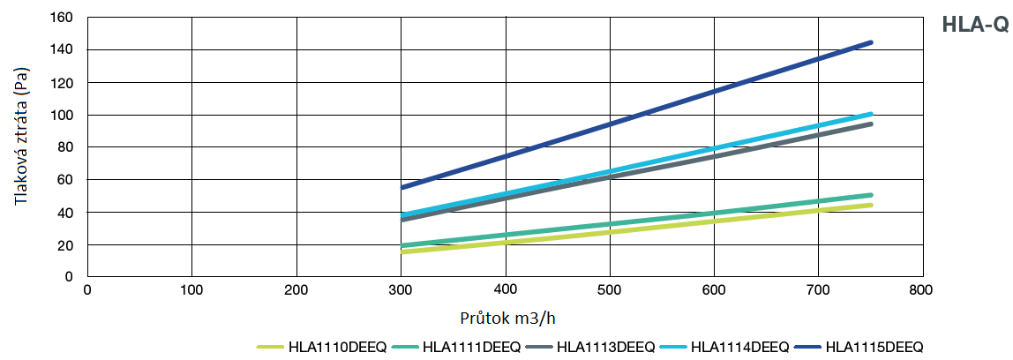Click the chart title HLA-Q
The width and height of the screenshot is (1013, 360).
(974, 26)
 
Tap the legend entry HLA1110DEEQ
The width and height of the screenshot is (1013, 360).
(337, 347)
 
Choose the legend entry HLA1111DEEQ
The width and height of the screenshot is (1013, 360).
(472, 347)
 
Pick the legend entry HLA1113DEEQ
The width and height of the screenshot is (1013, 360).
(606, 347)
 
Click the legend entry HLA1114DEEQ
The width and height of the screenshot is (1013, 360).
(740, 347)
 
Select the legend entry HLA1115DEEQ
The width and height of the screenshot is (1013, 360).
(874, 347)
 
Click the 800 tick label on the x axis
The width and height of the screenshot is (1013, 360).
(923, 289)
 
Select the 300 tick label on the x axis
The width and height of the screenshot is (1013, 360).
(401, 289)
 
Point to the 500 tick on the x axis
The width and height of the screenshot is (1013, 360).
(610, 289)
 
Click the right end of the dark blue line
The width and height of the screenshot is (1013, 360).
(871, 42)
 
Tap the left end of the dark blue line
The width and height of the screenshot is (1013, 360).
(402, 187)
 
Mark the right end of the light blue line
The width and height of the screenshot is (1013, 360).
(871, 114)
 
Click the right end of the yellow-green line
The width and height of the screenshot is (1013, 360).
(871, 205)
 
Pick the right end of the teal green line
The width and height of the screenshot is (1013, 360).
(871, 195)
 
